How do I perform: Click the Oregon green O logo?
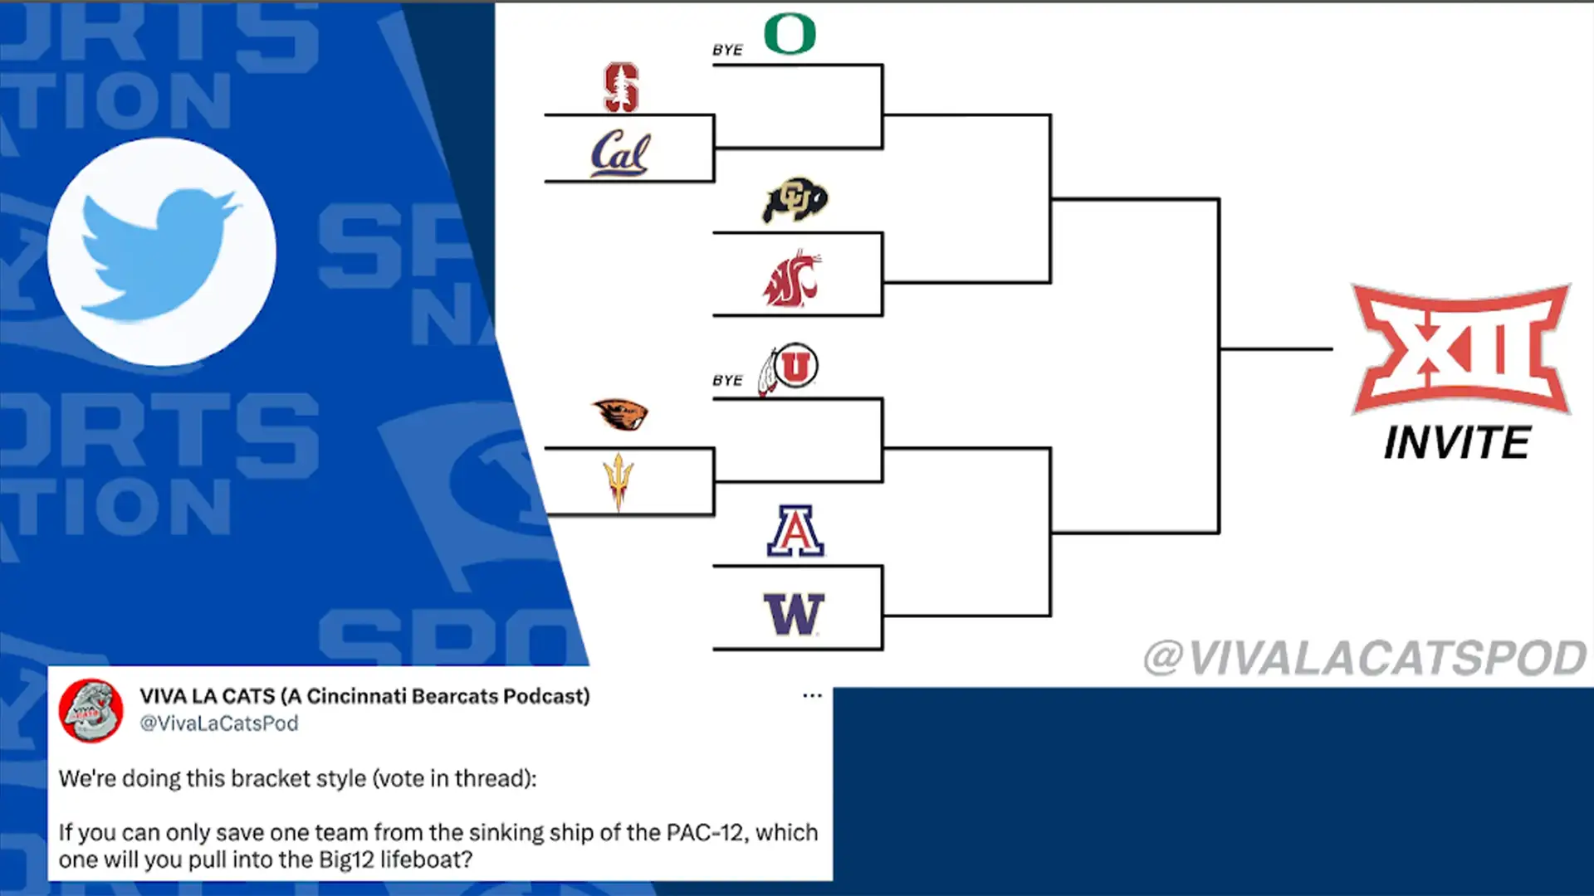point(790,35)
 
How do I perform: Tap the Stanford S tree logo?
point(621,87)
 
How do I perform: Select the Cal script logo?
point(620,153)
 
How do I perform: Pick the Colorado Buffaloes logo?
point(795,200)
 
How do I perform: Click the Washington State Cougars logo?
point(792,279)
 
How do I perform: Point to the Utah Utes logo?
point(790,368)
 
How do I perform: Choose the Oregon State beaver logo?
point(620,414)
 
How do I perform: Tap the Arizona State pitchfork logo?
point(619,481)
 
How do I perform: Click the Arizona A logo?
point(795,531)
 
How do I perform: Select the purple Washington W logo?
point(794,614)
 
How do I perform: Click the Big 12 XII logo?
point(1460,349)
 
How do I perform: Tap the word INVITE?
point(1457,443)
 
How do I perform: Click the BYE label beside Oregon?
point(727,51)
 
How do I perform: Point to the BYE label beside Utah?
point(727,381)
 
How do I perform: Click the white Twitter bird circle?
point(162,251)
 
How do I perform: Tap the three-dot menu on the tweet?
point(812,695)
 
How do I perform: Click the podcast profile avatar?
point(91,711)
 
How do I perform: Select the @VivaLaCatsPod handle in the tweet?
point(219,723)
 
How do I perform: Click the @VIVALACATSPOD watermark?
point(1365,659)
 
